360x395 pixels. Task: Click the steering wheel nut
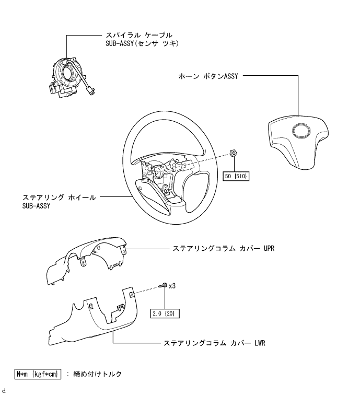pos(233,153)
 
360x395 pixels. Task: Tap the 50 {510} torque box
pos(236,176)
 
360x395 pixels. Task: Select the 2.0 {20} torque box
pos(165,313)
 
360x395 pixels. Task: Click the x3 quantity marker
pos(172,286)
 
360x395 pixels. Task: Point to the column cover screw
pos(162,285)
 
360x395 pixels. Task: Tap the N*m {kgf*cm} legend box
pos(38,374)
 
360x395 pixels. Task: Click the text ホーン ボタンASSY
pos(208,76)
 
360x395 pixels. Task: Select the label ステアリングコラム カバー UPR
pos(223,248)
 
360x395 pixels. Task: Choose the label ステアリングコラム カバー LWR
pos(214,343)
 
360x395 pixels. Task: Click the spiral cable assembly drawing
pos(71,77)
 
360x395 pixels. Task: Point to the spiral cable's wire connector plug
pos(90,90)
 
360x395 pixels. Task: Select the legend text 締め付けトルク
pos(98,374)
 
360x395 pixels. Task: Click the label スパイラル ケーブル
pos(139,35)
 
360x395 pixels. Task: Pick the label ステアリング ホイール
pos(59,197)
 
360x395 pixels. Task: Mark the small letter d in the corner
pos(4,391)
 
